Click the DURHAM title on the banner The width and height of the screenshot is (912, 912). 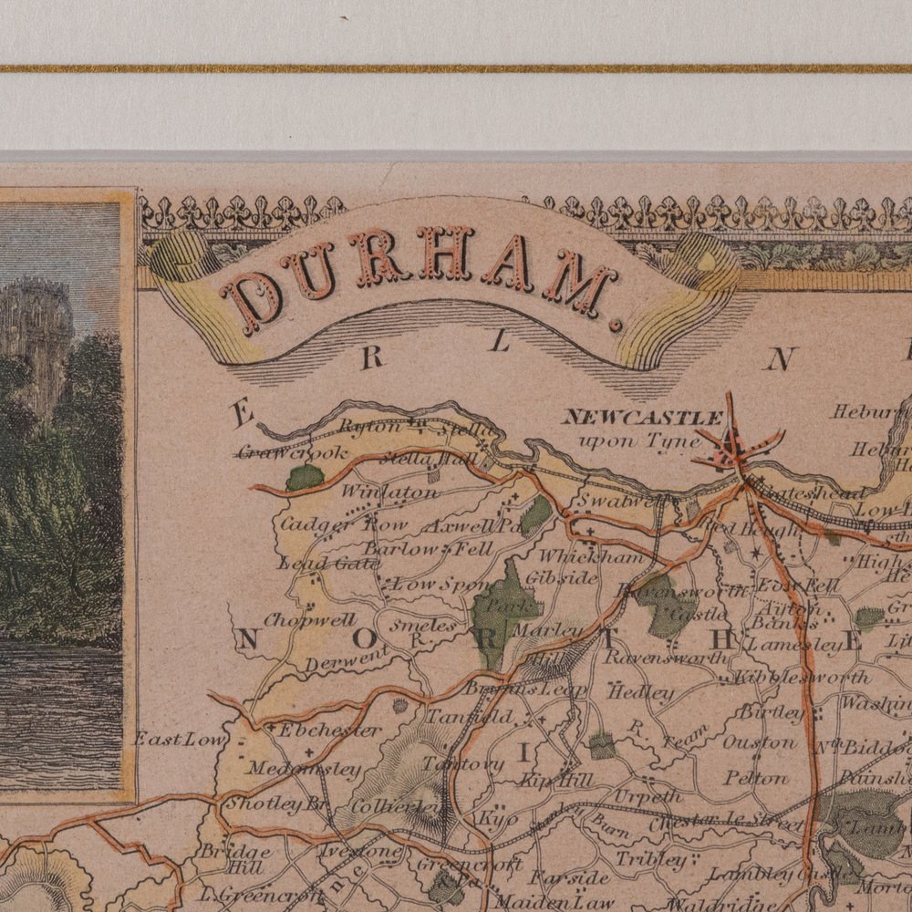[420, 274]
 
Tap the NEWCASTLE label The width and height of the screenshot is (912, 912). [642, 418]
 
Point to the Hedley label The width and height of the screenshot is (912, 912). [640, 692]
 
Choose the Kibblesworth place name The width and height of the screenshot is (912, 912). [800, 677]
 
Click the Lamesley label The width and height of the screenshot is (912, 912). [795, 644]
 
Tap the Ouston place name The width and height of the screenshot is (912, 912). [760, 742]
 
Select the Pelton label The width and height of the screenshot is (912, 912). [756, 778]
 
